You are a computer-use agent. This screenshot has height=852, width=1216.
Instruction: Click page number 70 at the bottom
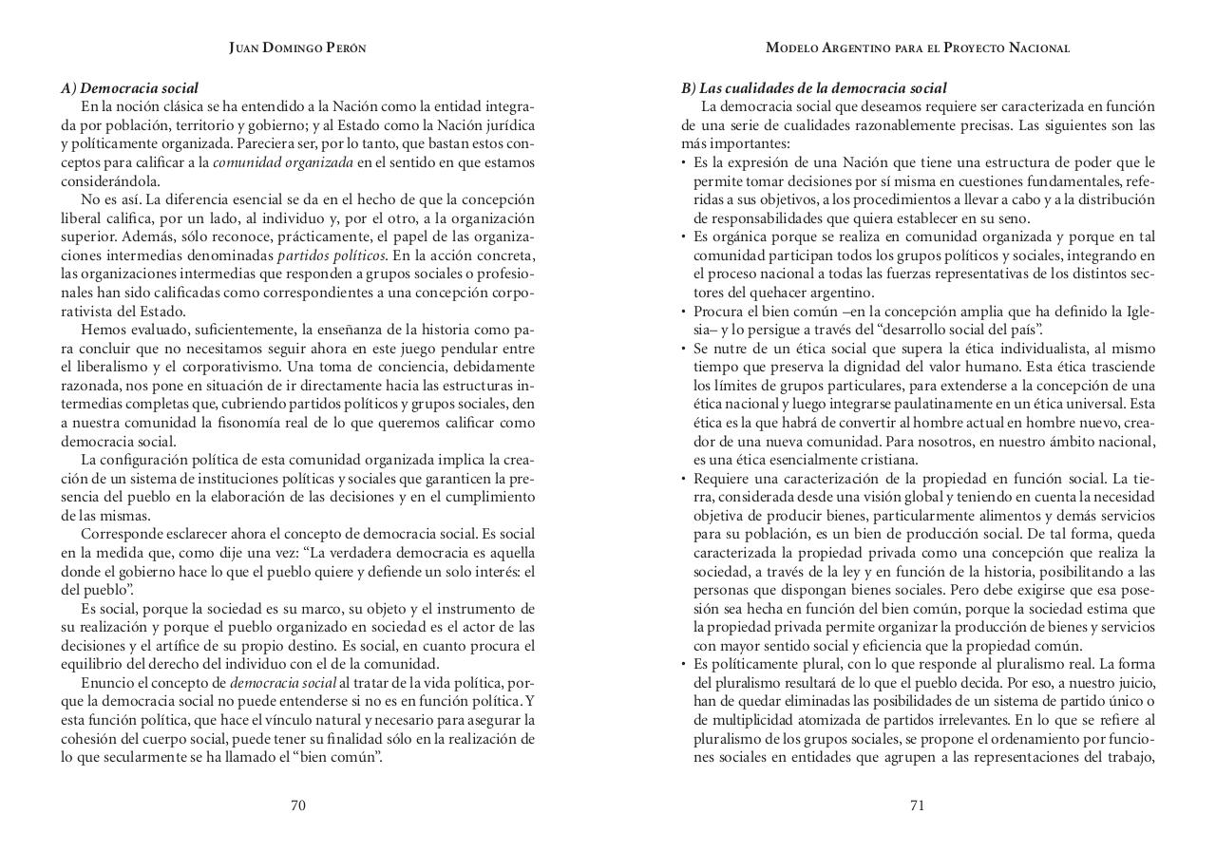pyautogui.click(x=297, y=805)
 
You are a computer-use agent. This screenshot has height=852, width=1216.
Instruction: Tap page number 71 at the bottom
pyautogui.click(x=917, y=805)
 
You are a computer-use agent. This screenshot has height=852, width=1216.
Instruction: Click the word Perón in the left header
pyautogui.click(x=346, y=47)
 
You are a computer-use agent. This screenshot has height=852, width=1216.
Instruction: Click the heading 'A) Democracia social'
pyautogui.click(x=130, y=88)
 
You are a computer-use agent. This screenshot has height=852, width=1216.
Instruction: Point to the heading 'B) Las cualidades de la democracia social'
pyautogui.click(x=813, y=88)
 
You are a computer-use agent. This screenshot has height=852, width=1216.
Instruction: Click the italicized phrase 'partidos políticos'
pyautogui.click(x=332, y=256)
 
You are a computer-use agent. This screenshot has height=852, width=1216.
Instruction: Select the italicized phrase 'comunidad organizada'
pyautogui.click(x=283, y=162)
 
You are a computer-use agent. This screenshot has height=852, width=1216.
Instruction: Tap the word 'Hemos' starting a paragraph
pyautogui.click(x=101, y=330)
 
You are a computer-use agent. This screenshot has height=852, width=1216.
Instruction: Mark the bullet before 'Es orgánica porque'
pyautogui.click(x=684, y=237)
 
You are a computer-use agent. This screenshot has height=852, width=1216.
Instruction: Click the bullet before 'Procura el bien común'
pyautogui.click(x=684, y=312)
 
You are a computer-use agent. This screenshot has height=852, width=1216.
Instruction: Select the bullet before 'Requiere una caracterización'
pyautogui.click(x=684, y=479)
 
